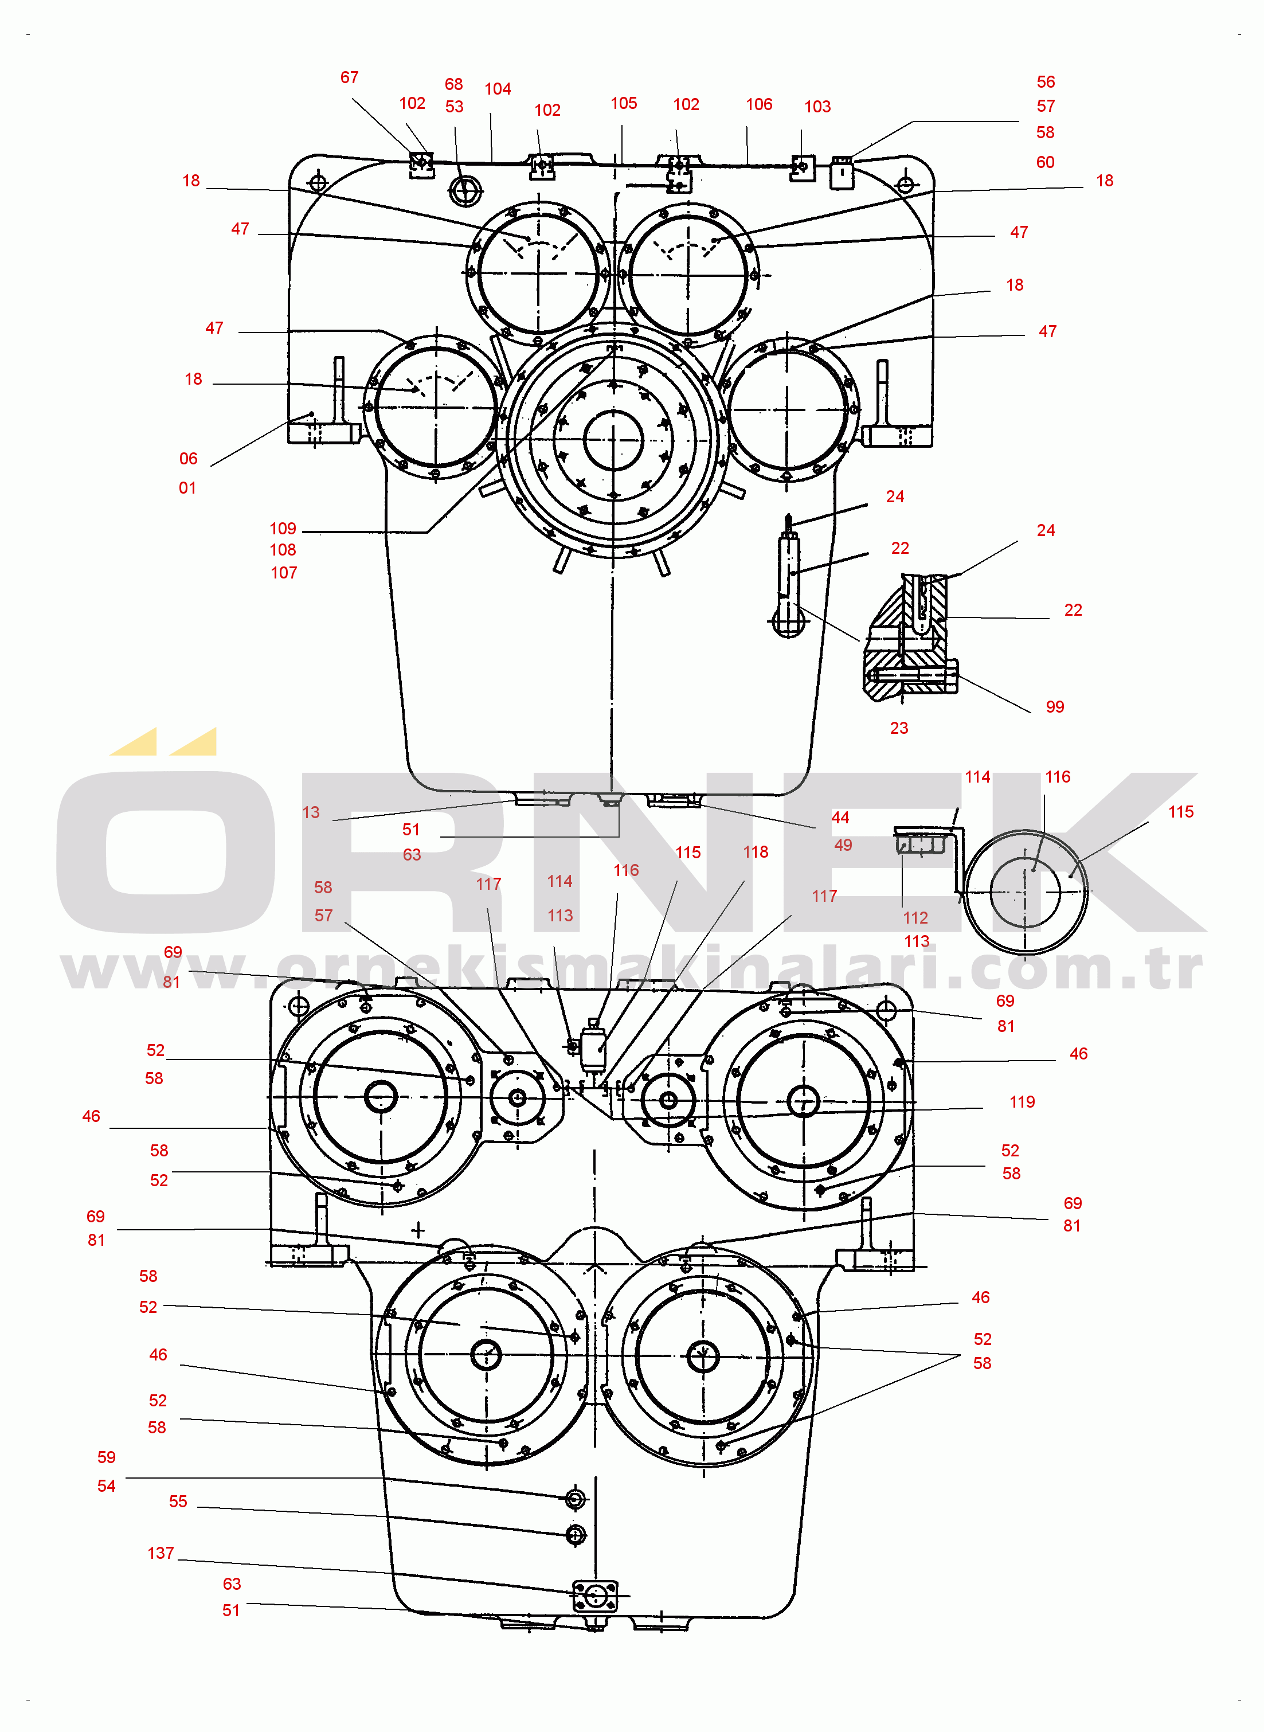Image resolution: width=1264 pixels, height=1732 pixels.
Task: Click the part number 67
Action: point(350,77)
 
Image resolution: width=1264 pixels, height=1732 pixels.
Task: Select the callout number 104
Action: point(498,89)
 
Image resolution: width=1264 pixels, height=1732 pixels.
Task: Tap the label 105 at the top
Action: point(624,103)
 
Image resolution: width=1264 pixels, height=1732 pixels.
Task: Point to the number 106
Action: point(759,104)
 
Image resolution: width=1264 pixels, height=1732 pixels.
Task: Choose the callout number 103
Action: point(817,106)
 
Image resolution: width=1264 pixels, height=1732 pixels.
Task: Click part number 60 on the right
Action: point(1045,162)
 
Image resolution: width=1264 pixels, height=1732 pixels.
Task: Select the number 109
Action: point(283,529)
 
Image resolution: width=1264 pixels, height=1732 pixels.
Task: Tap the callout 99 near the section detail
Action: point(1055,707)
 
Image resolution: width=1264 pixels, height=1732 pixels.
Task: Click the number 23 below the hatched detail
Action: point(899,728)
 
